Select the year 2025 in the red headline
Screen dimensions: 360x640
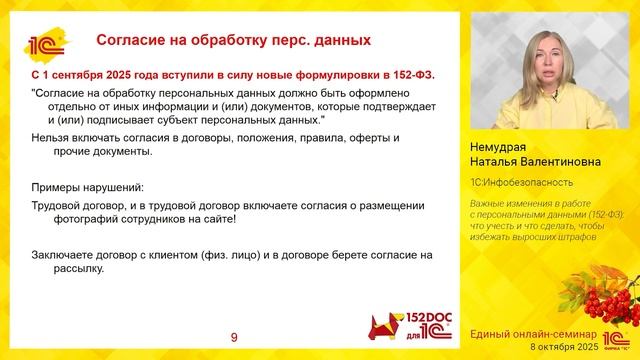pos(127,74)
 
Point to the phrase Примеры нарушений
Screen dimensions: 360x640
pos(88,187)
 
